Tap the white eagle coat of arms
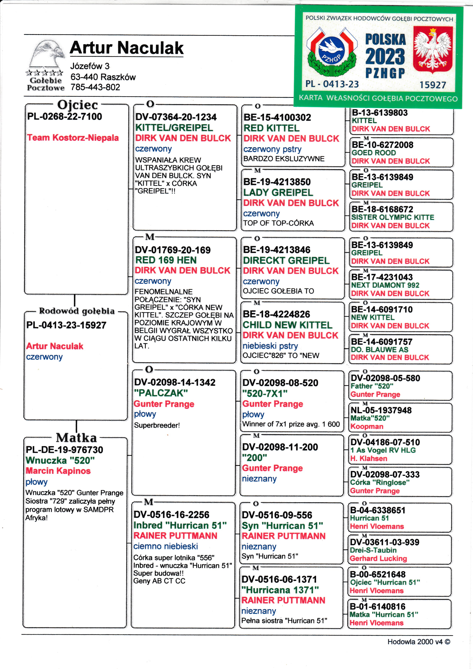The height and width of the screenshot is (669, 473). point(433,50)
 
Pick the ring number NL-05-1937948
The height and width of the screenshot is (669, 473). point(381,410)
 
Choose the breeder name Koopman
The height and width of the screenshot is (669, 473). point(367,426)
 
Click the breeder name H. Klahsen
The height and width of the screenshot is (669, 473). point(368,458)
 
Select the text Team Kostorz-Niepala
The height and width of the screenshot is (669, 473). point(73,138)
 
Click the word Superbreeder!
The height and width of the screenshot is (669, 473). point(157,425)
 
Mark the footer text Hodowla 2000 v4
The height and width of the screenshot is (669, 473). point(418,642)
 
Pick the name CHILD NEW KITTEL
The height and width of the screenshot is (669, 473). point(287,325)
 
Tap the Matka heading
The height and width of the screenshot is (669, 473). point(76,438)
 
